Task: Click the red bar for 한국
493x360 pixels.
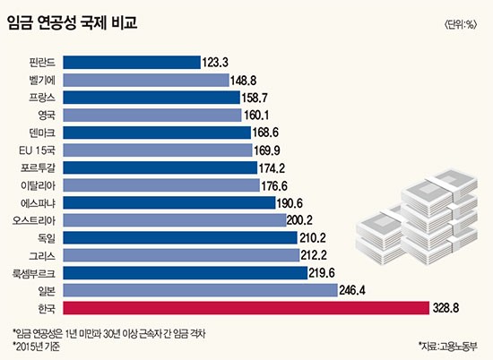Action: [x=246, y=308]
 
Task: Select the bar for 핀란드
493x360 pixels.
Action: [x=132, y=62]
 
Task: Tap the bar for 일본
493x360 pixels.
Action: [x=200, y=290]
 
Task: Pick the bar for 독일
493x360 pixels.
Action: [x=180, y=238]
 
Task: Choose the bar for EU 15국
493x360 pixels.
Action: [x=158, y=150]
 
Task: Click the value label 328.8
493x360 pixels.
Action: [x=445, y=308]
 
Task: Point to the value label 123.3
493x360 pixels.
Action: [x=215, y=62]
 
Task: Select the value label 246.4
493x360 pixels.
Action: [x=352, y=290]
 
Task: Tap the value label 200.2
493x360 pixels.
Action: [x=299, y=220]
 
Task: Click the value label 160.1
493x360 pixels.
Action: [x=256, y=116]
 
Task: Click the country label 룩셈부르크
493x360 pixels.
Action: [x=34, y=273]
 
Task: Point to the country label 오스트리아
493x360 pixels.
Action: [x=34, y=220]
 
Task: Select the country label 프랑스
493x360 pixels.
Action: [x=42, y=98]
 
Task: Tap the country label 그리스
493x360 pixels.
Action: [x=42, y=255]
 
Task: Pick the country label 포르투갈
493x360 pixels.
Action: [x=38, y=167]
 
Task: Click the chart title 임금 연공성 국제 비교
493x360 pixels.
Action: [x=73, y=22]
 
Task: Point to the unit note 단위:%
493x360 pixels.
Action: [x=461, y=24]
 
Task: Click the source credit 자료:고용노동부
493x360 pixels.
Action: [x=448, y=347]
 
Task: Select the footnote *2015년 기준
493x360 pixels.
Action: [x=36, y=347]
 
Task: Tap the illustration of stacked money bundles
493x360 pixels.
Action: [x=417, y=218]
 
